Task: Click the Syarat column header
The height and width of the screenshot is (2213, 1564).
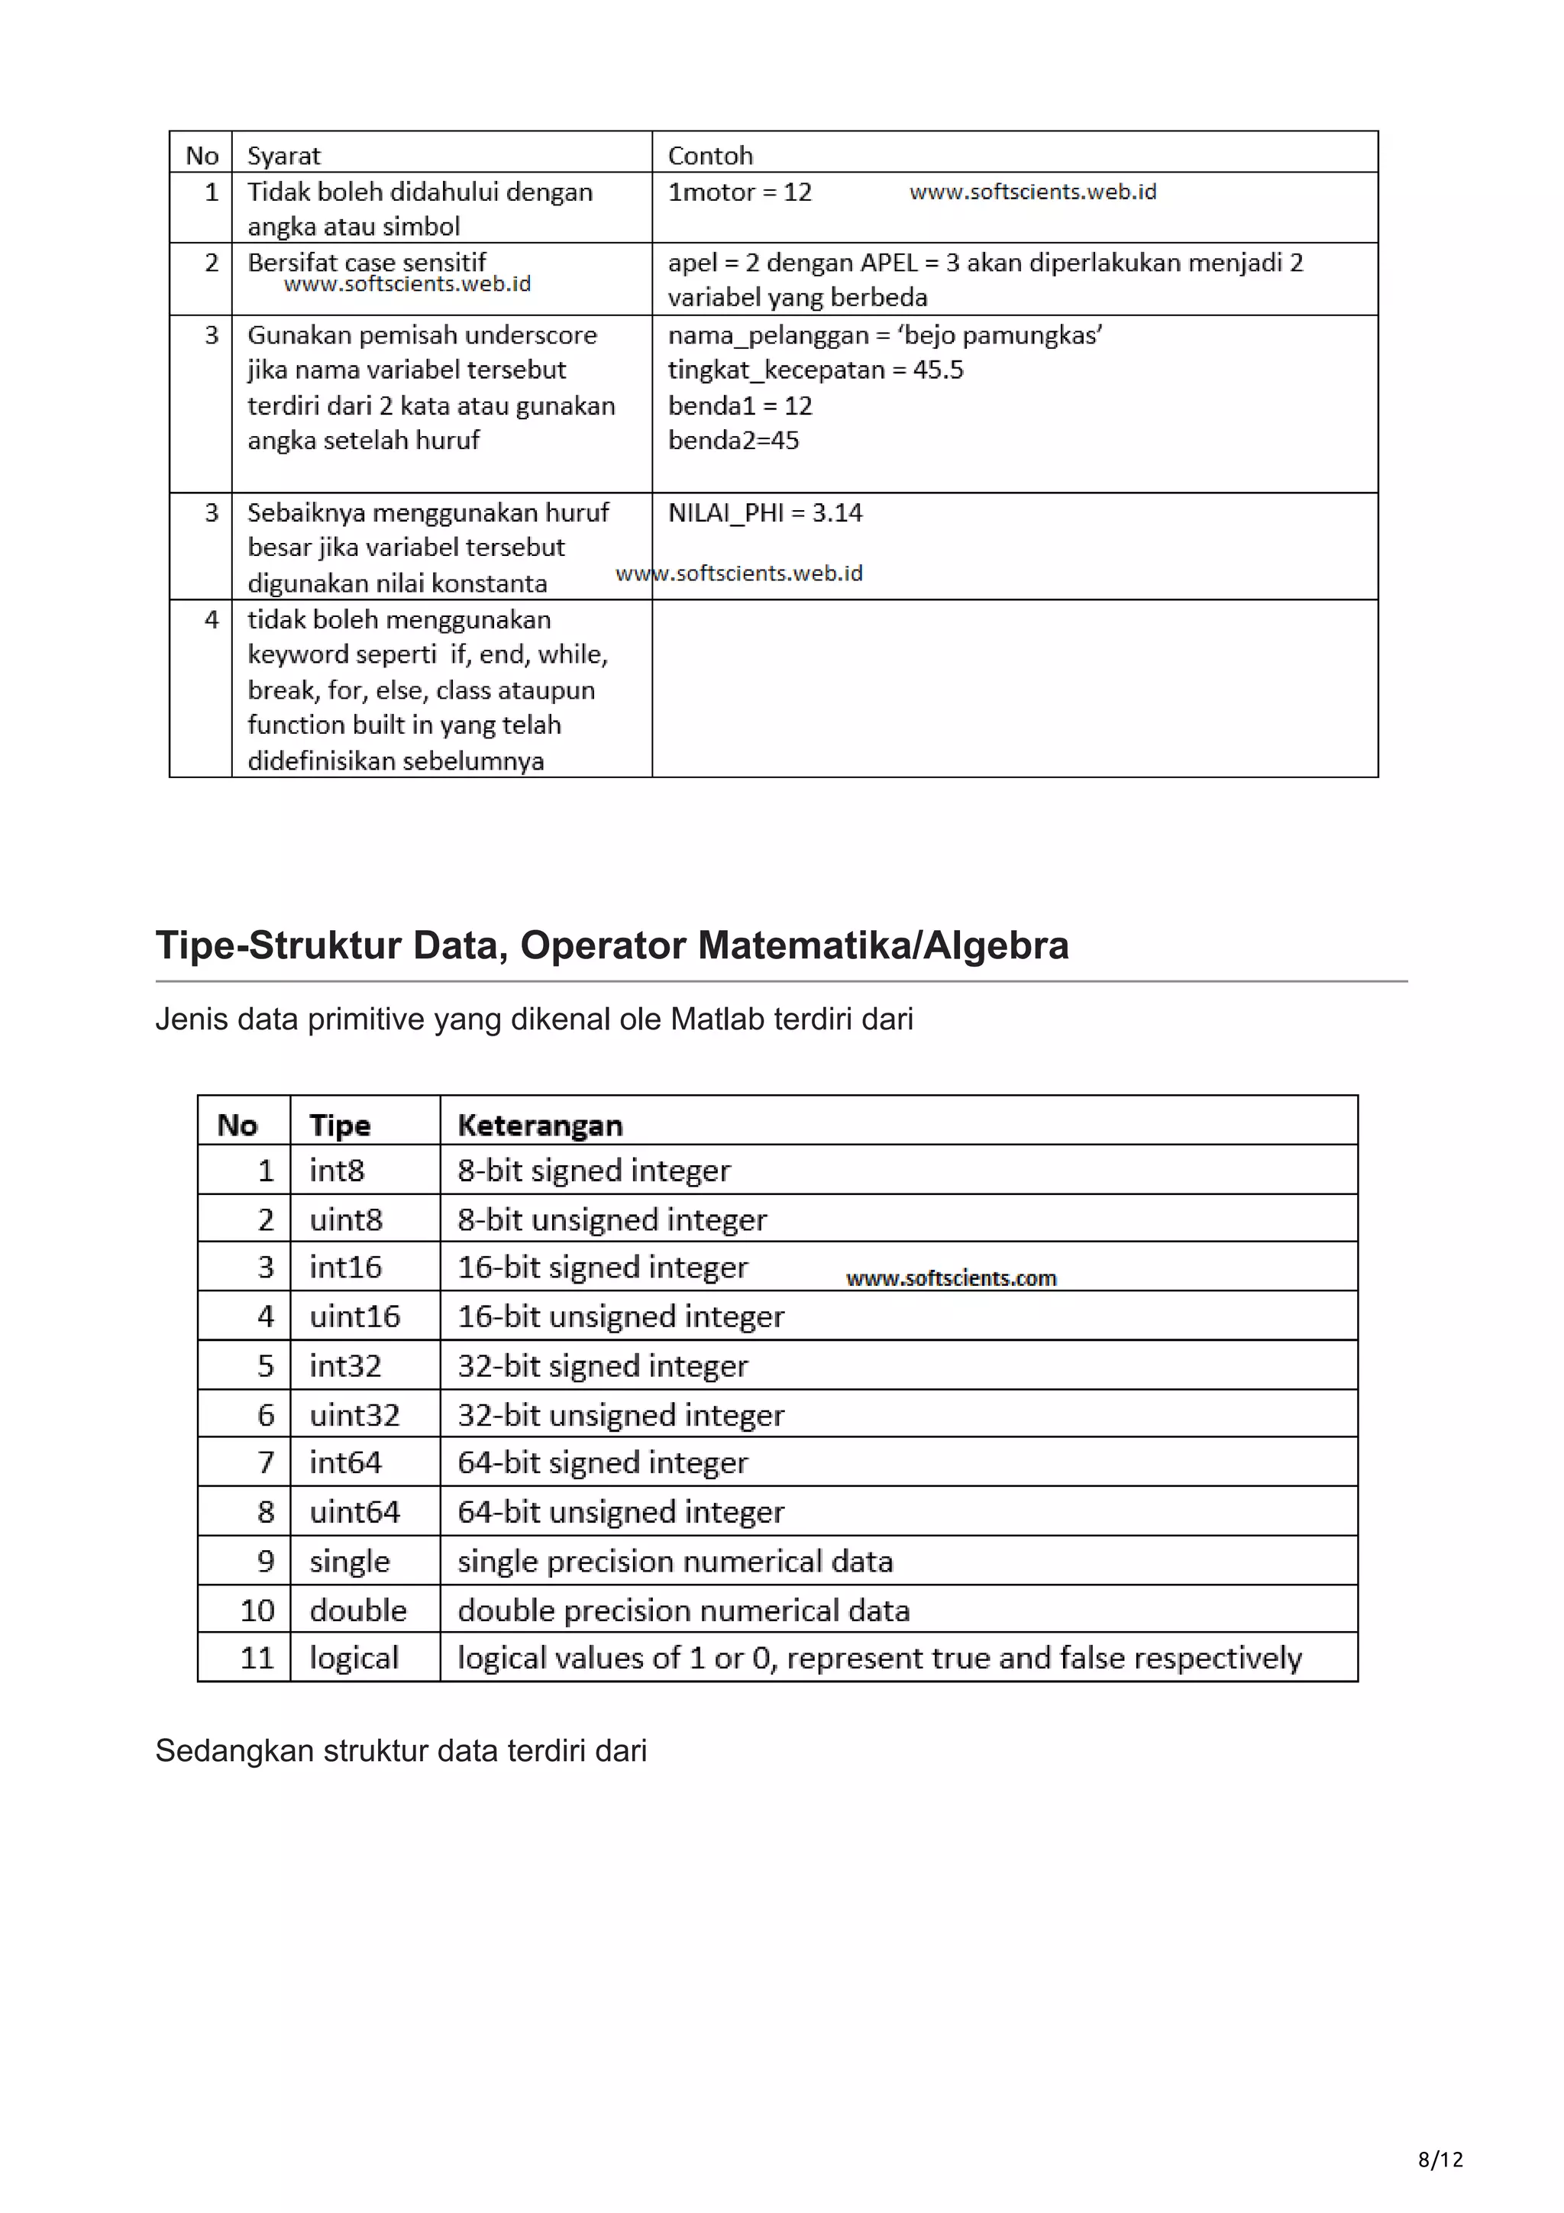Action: pyautogui.click(x=283, y=155)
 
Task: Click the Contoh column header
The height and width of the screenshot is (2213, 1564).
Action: pyautogui.click(x=709, y=155)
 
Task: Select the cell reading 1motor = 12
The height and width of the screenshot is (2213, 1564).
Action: pyautogui.click(x=739, y=192)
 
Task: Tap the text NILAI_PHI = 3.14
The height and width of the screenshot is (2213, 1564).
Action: pyautogui.click(x=764, y=512)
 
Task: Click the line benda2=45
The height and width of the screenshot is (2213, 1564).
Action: pyautogui.click(x=732, y=441)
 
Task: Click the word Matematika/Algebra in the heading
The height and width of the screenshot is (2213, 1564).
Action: pyautogui.click(x=883, y=945)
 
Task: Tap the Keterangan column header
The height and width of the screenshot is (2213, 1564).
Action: pyautogui.click(x=540, y=1125)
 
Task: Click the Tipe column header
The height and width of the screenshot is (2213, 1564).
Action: pyautogui.click(x=339, y=1125)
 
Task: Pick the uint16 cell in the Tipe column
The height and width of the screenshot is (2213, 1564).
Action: pyautogui.click(x=354, y=1316)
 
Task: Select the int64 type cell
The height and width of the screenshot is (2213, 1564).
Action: pyautogui.click(x=345, y=1462)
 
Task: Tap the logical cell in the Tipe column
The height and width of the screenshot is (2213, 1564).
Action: pyautogui.click(x=353, y=1657)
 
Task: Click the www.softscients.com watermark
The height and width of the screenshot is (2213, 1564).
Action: pyautogui.click(x=950, y=1278)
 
